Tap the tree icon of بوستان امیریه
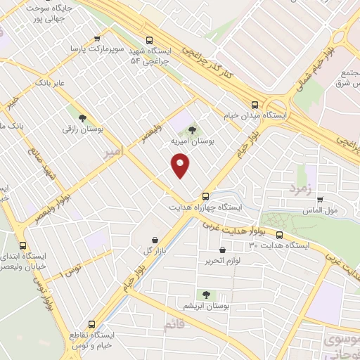[193, 129]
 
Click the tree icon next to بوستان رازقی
[84, 119]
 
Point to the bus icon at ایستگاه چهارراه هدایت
[205, 196]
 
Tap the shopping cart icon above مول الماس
[321, 199]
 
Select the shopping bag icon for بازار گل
[154, 239]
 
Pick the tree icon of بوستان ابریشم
[207, 295]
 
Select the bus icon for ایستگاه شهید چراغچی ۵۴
[148, 40]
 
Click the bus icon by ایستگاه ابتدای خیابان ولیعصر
[25, 246]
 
